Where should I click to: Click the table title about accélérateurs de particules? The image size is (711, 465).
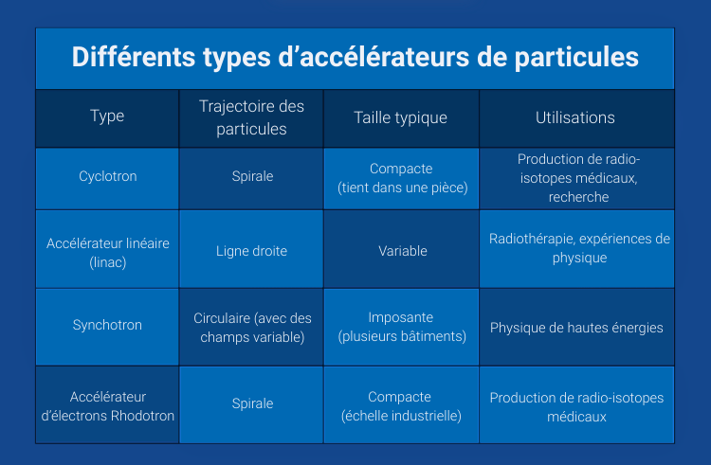[355, 57]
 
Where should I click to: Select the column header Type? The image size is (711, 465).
[107, 117]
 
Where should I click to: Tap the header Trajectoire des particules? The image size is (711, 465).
[251, 117]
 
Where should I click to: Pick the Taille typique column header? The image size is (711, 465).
[400, 117]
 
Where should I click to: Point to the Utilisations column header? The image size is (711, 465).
[575, 117]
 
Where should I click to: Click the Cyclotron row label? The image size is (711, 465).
[107, 177]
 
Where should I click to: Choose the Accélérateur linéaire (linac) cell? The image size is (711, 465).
[107, 250]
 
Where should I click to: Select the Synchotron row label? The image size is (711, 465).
[107, 326]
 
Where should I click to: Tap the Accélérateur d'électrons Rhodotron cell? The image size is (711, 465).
[107, 405]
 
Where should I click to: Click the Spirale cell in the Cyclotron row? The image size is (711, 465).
[251, 177]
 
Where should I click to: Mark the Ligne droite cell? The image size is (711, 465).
[251, 251]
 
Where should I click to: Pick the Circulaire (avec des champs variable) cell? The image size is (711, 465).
[251, 327]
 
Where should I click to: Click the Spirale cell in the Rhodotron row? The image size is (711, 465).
[251, 404]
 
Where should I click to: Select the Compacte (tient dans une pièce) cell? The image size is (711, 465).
[401, 178]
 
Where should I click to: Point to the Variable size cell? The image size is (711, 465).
[401, 251]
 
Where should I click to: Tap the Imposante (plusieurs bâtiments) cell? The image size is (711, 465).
[401, 327]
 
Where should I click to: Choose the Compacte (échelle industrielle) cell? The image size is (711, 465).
[401, 405]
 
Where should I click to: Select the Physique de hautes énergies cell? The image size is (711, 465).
[576, 328]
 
